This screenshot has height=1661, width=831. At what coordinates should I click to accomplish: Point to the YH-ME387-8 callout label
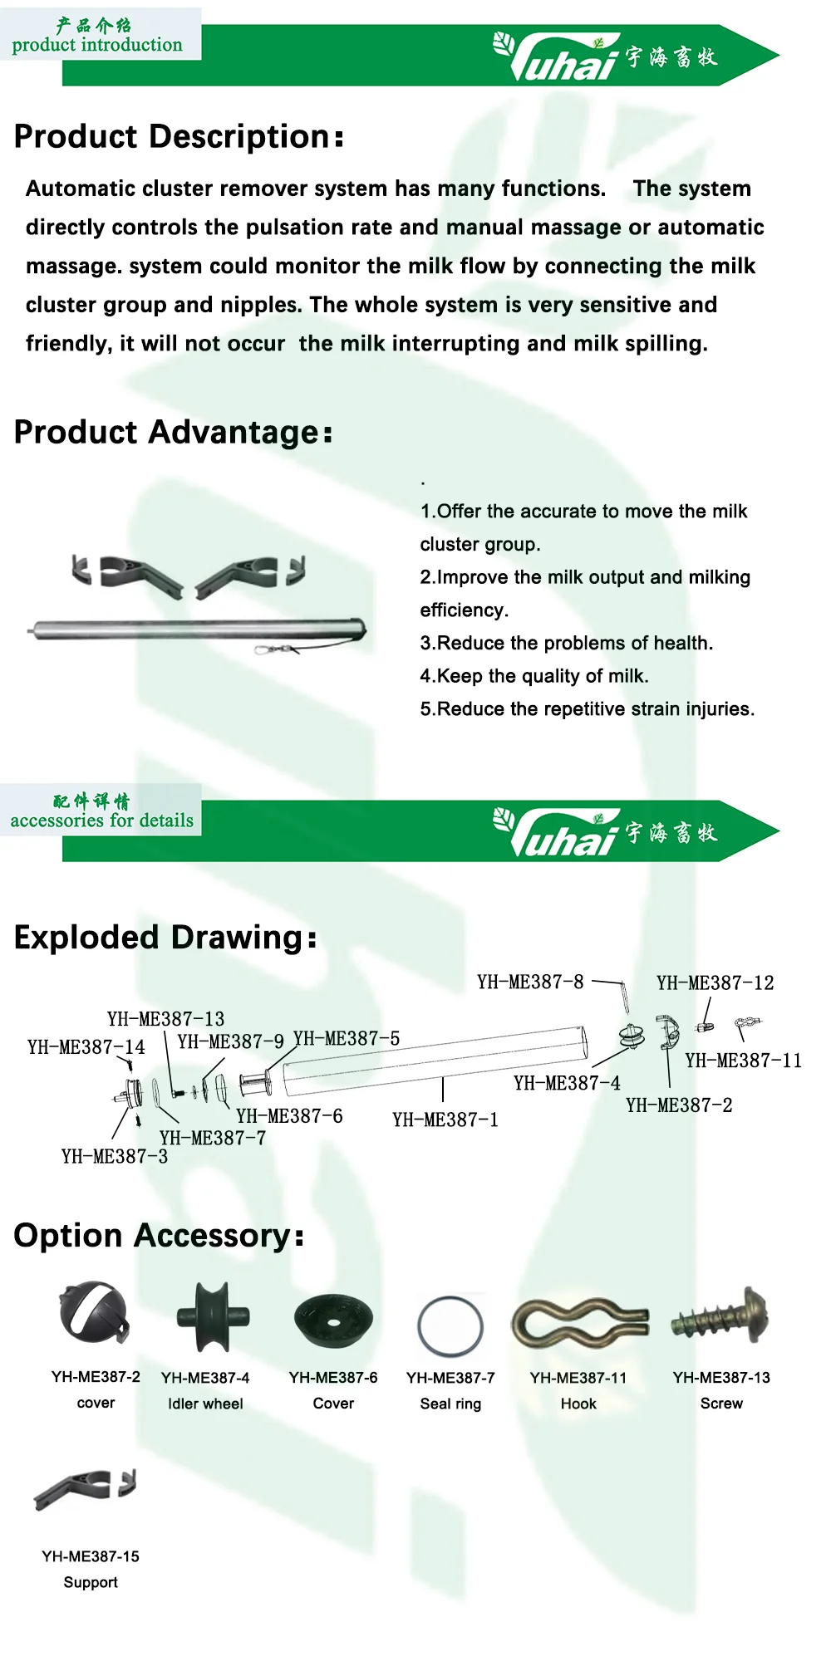530,982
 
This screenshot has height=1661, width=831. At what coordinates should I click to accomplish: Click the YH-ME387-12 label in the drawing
715,983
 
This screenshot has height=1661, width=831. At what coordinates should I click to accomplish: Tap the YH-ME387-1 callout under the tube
445,1120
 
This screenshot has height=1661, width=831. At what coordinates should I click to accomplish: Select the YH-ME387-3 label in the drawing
115,1157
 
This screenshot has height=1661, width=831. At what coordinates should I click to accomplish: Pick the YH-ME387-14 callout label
86,1047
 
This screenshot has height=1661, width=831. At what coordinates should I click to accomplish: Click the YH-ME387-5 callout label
347,1039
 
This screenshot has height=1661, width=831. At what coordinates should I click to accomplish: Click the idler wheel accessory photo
213,1316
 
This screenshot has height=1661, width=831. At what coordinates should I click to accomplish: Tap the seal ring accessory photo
450,1326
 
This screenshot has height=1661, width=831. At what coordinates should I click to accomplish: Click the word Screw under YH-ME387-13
721,1404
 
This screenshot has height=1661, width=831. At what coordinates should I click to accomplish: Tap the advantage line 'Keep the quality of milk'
534,676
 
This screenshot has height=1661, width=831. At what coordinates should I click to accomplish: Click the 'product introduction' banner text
97,45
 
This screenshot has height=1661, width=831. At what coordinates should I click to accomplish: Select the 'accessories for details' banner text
101,821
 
